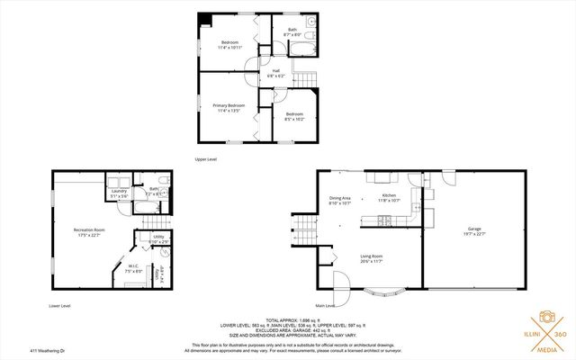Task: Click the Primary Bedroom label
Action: [x=229, y=108]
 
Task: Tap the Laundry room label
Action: [x=118, y=193]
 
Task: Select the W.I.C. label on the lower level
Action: [x=132, y=268]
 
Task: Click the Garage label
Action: [x=473, y=231]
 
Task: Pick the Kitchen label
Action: [x=389, y=198]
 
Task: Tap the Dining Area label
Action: [x=339, y=201]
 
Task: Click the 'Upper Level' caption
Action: [x=206, y=159]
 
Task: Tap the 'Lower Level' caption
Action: [x=60, y=306]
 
